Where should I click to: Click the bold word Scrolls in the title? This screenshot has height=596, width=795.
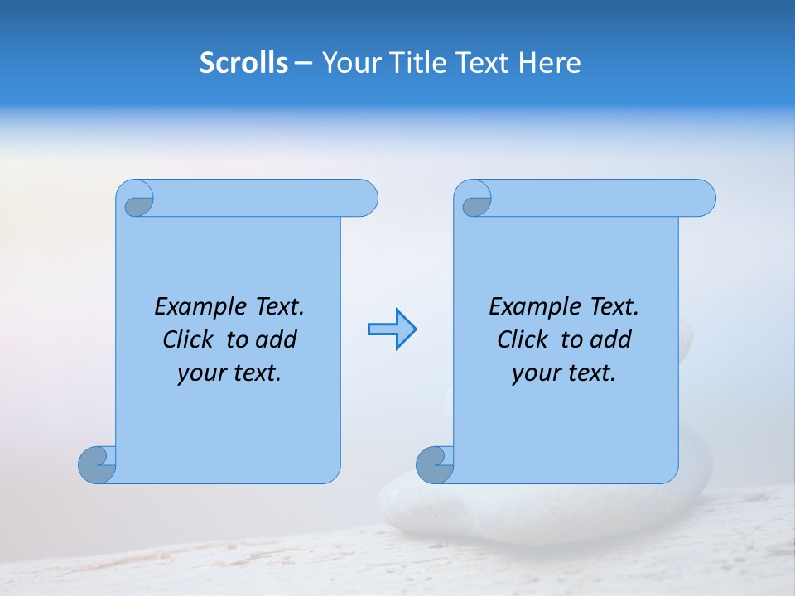tap(244, 63)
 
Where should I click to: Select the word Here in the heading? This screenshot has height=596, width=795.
tap(551, 63)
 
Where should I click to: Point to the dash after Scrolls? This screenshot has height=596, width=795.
tap(304, 64)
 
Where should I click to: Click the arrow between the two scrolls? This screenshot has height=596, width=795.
tap(392, 329)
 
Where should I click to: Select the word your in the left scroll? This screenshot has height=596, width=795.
tap(200, 373)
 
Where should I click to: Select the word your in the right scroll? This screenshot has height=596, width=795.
tap(534, 373)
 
